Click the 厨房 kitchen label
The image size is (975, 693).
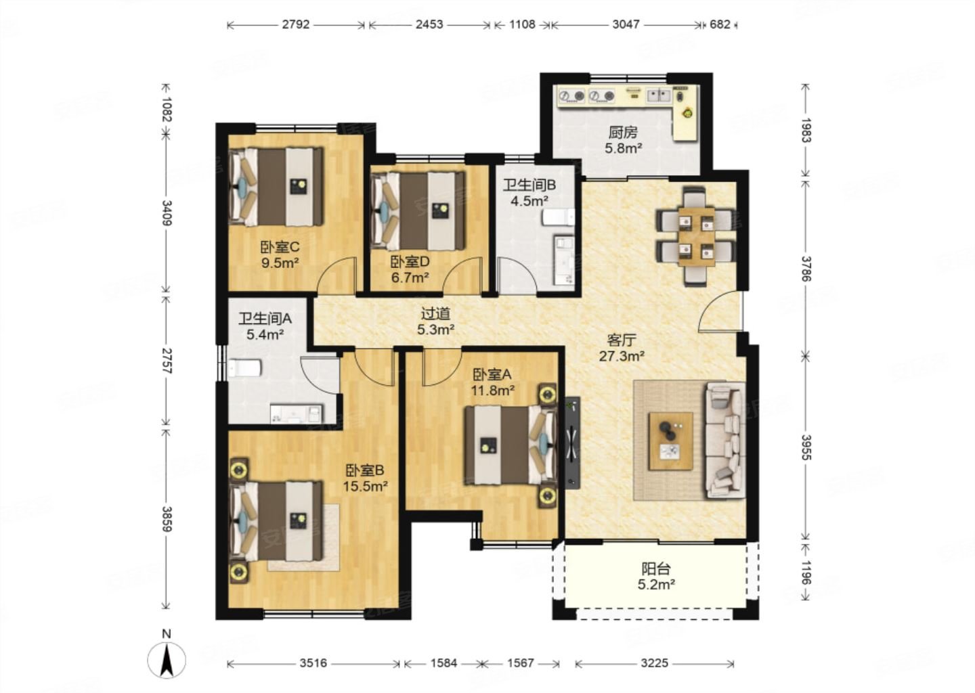tap(623, 132)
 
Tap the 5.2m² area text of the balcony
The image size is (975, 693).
tap(656, 585)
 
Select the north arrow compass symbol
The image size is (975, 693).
tap(167, 660)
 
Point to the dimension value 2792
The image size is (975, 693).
tap(296, 24)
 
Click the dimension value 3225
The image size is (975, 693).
tap(654, 663)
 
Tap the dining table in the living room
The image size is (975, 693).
tap(697, 237)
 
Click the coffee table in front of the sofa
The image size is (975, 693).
tap(670, 441)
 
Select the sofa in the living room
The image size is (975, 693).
tap(724, 440)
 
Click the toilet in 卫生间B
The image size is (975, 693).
tap(559, 217)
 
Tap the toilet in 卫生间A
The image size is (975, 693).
tap(245, 368)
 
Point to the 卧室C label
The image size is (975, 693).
tap(280, 248)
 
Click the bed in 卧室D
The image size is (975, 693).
tap(417, 211)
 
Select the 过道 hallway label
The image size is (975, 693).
tap(435, 313)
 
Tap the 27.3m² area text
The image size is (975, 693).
tap(622, 356)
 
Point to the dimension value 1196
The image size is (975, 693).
tap(806, 573)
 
